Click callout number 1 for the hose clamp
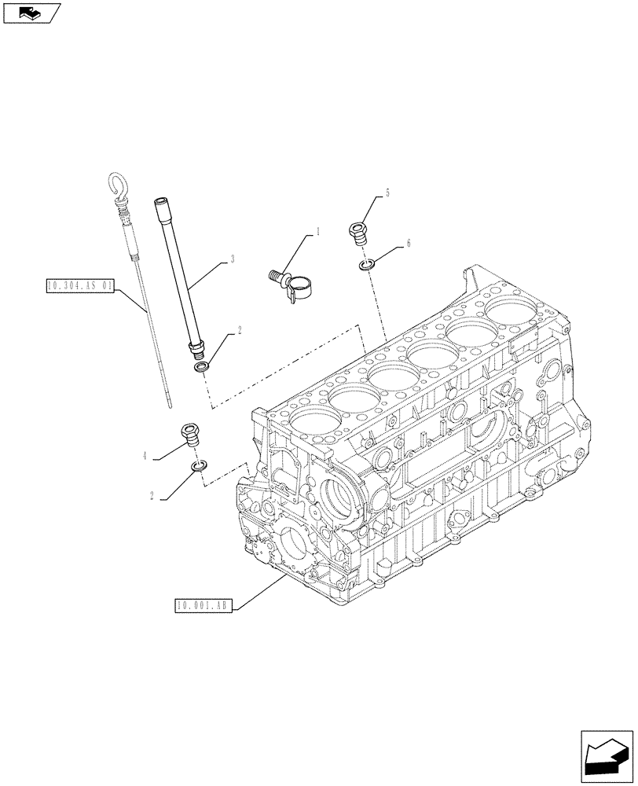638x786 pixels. click(318, 233)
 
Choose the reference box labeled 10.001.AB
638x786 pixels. click(202, 605)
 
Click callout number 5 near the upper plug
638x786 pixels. click(387, 193)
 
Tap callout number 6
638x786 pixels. click(409, 244)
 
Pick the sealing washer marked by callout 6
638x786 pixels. click(366, 265)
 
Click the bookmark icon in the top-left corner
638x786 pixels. click(31, 13)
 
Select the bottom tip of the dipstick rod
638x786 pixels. click(170, 406)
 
